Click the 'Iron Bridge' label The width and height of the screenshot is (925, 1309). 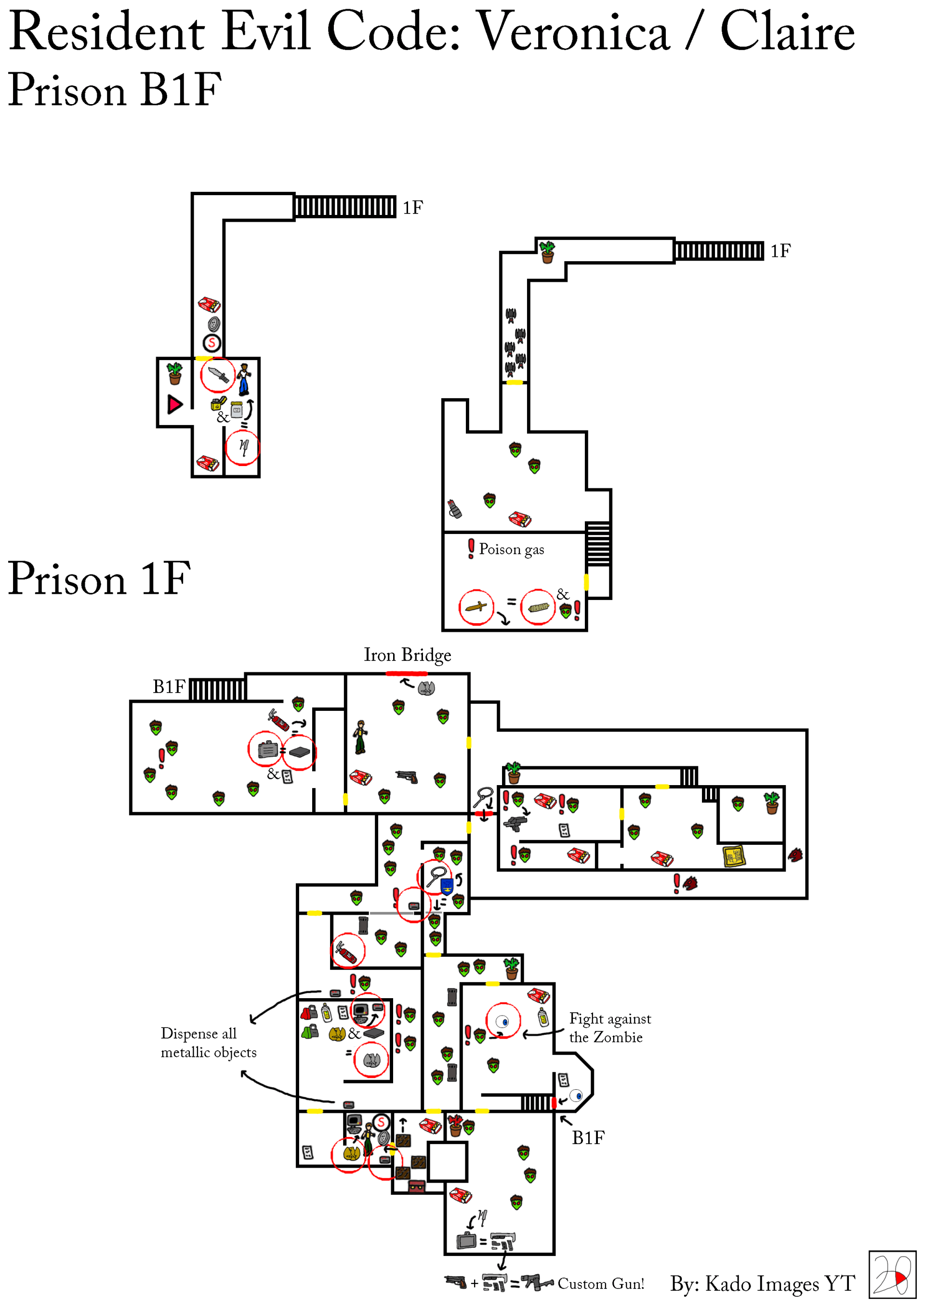[x=408, y=655]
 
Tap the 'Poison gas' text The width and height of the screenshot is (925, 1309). [x=511, y=549]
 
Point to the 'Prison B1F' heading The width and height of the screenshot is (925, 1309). [x=115, y=90]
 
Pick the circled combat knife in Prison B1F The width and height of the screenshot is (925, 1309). [x=218, y=374]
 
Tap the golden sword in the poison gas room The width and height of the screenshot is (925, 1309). [x=476, y=607]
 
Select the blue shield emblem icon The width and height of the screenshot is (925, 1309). [x=447, y=886]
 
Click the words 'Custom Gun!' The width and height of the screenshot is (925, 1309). [x=601, y=1283]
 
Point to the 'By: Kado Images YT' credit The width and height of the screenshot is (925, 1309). [x=763, y=1284]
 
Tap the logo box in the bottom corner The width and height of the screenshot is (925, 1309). [x=892, y=1275]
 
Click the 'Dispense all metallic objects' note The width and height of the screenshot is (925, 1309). [x=209, y=1043]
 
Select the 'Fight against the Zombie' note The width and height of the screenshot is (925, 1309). [x=610, y=1028]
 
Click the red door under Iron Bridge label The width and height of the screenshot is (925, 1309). [x=406, y=674]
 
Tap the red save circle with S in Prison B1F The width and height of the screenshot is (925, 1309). [x=212, y=343]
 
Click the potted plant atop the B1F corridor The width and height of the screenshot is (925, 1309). [x=547, y=252]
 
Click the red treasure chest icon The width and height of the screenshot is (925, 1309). [x=417, y=1182]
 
